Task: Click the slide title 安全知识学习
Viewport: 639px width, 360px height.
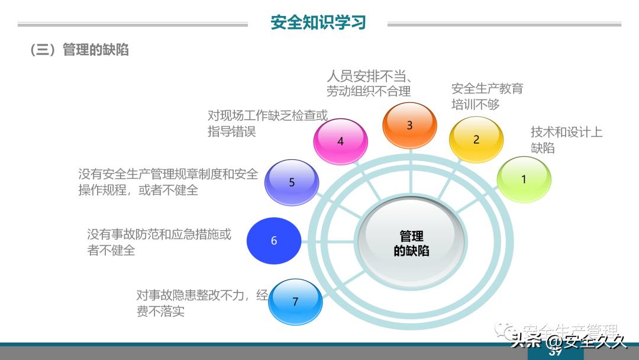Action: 318,22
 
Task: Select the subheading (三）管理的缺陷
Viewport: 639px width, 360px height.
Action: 79,50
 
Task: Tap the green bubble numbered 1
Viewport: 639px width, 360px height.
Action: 524,179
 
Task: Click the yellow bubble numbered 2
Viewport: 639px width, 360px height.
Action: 476,140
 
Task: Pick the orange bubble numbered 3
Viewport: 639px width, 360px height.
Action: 409,125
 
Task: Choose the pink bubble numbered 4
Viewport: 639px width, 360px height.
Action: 340,142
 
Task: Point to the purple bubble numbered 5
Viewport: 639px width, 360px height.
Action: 292,182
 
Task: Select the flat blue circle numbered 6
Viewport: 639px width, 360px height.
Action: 274,240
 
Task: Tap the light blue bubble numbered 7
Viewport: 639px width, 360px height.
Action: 295,302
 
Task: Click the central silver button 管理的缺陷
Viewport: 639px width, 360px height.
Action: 411,243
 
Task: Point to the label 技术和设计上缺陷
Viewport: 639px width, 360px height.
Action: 566,140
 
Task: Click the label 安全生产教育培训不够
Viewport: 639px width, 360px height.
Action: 487,97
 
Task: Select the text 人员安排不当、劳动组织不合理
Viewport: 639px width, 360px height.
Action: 369,83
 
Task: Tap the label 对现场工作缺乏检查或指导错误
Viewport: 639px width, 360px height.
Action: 267,123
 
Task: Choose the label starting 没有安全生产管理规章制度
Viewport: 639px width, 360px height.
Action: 168,182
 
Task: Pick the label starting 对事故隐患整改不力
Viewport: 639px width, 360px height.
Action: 202,303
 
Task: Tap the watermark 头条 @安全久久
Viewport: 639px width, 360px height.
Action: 568,341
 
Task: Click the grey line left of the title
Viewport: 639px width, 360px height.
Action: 133,25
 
